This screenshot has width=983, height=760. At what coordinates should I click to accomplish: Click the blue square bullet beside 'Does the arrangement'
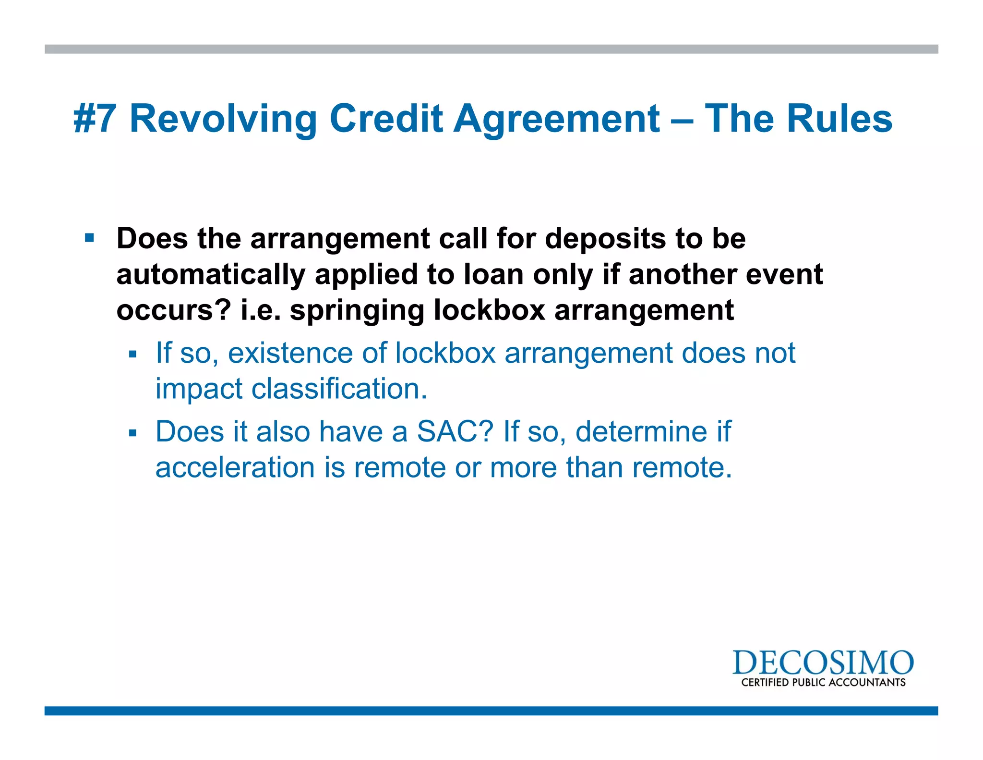[89, 238]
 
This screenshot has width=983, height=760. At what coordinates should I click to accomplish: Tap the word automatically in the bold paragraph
[211, 274]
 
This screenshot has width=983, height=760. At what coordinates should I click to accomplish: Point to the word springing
[357, 310]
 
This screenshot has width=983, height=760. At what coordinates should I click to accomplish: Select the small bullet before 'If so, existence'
[133, 355]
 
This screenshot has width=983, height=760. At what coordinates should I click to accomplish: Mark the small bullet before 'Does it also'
[133, 433]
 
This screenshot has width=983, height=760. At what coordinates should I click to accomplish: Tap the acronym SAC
[455, 431]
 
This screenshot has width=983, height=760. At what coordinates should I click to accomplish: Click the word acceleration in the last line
[235, 467]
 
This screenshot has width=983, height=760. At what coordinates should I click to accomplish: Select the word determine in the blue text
[641, 431]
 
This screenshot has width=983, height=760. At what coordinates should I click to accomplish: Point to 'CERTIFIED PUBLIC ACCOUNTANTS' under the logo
[823, 683]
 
